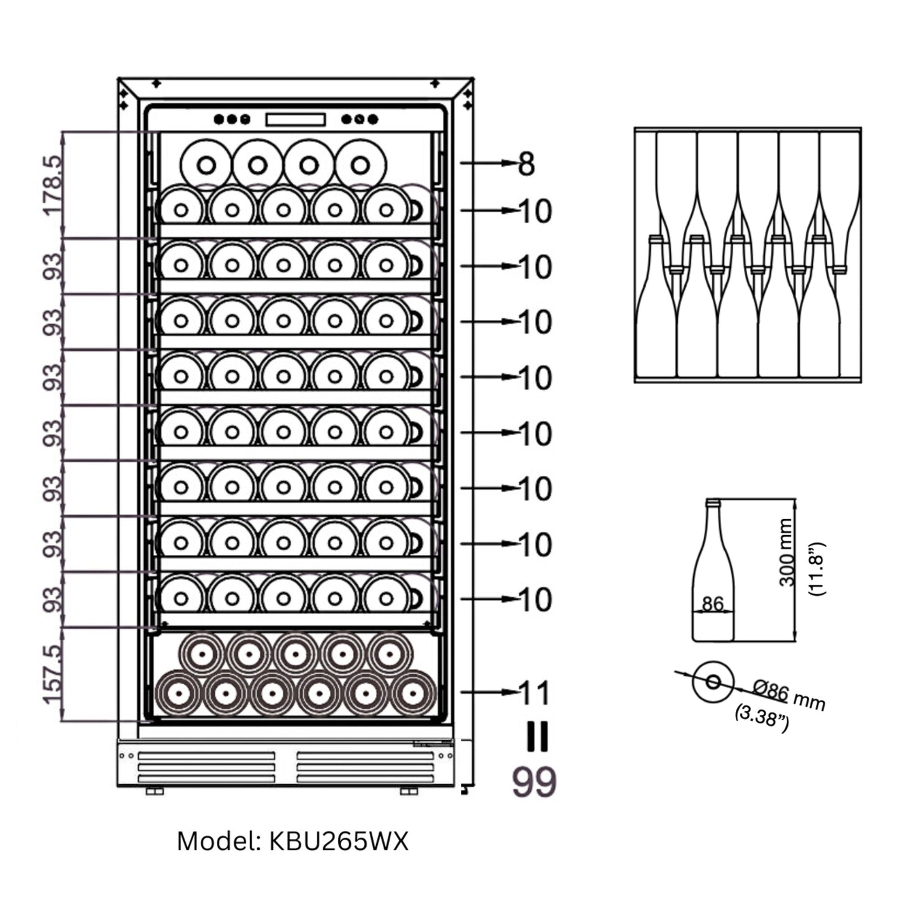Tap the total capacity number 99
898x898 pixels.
pos(534,782)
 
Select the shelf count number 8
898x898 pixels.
pos(526,164)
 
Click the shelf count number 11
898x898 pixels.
pos(534,693)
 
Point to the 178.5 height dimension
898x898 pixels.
pos(53,185)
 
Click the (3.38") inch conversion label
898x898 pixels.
pos(763,718)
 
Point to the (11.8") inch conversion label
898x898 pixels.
pos(817,569)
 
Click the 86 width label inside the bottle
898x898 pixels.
pos(713,603)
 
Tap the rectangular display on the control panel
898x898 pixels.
pos(295,119)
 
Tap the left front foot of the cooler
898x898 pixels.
pos(155,791)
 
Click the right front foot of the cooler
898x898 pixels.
pos(409,791)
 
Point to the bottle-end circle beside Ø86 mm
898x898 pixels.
pos(713,682)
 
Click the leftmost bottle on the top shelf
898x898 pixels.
pos(206,165)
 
